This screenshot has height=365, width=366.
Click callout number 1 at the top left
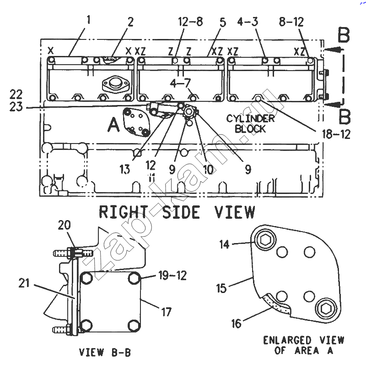pos(88,20)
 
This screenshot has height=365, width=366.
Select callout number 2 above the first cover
pos(130,22)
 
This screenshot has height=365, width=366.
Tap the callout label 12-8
pos(190,22)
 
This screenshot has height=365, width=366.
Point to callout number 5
pos(223,22)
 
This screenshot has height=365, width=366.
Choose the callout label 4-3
pos(248,22)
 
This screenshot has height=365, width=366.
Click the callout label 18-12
pos(336,134)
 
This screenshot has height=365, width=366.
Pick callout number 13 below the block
pos(124,169)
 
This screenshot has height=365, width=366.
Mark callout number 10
pos(208,170)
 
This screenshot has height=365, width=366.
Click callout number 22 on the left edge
pos(16,94)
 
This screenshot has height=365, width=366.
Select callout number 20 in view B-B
pos(64,225)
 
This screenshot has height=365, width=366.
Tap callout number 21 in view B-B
pos(24,283)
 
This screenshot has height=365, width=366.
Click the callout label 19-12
pos(172,276)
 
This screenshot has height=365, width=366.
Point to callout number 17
pos(166,312)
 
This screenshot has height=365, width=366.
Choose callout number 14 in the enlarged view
pos(224,244)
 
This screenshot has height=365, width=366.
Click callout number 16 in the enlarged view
pos(236,324)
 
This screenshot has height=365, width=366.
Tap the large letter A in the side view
pos(113,124)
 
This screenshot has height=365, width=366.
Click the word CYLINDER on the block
pos(250,118)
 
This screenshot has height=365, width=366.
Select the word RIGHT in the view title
pos(123,212)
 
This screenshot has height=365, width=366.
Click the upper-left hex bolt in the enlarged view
pos(265,240)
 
